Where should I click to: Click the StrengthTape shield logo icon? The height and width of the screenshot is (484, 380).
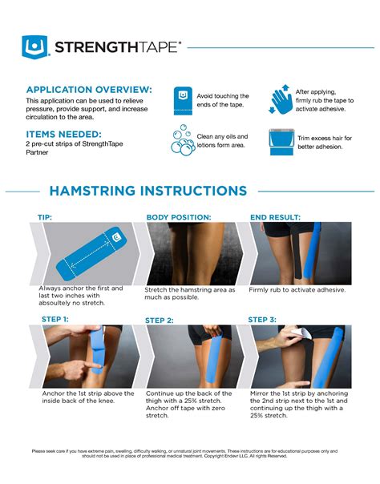[x=35, y=47]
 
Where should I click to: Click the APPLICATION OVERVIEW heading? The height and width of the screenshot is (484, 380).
[x=88, y=89]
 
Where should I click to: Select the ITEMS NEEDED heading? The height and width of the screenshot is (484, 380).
[x=63, y=134]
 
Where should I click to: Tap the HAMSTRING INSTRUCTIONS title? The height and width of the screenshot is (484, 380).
[x=148, y=191]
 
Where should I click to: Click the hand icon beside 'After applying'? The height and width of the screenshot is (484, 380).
[x=281, y=100]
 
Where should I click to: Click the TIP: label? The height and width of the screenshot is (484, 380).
[x=45, y=217]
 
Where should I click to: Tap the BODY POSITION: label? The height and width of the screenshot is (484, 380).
[x=178, y=217]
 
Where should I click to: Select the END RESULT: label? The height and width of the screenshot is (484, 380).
[x=275, y=217]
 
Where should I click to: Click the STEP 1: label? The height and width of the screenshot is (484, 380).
[x=55, y=319]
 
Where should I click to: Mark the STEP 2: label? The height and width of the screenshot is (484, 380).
[x=160, y=320]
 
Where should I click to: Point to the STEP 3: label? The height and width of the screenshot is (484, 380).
[x=262, y=319]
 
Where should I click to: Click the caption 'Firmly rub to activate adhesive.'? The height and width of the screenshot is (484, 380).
[x=297, y=289]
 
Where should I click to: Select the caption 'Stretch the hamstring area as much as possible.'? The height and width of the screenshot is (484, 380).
[x=189, y=293]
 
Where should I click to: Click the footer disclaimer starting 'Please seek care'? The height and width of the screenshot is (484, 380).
[x=190, y=454]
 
